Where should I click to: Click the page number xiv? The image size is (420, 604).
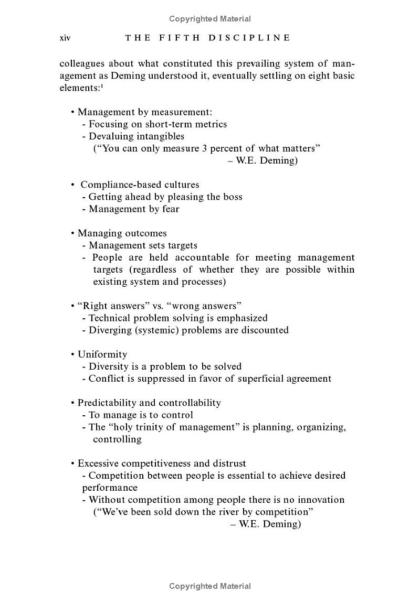pyautogui.click(x=65, y=38)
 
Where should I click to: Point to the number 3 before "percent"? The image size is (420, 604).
pyautogui.click(x=204, y=148)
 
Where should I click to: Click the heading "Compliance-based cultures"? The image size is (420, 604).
pyautogui.click(x=140, y=185)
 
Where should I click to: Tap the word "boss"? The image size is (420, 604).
pyautogui.click(x=233, y=197)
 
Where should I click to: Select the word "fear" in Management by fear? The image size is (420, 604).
pyautogui.click(x=170, y=209)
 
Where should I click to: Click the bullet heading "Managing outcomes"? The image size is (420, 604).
pyautogui.click(x=122, y=233)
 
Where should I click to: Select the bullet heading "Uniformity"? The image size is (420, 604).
pyautogui.click(x=102, y=354)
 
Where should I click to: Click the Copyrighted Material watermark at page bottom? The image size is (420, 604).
pyautogui.click(x=210, y=586)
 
